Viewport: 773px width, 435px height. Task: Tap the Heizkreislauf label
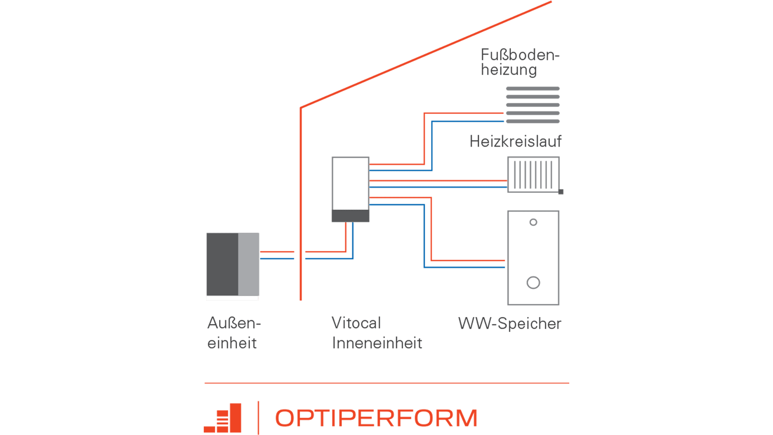tap(515, 141)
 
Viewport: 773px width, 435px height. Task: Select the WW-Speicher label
tap(510, 323)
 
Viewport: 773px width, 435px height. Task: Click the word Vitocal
tap(356, 323)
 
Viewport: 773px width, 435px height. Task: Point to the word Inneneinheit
tap(377, 343)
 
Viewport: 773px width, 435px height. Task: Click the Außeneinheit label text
tap(234, 333)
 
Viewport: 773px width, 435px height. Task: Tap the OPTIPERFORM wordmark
tap(376, 418)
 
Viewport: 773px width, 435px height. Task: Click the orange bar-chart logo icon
tap(224, 419)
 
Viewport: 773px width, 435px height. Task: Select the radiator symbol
tap(533, 174)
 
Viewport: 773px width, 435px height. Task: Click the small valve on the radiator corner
tap(561, 192)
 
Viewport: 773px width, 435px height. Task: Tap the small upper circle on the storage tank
tap(533, 222)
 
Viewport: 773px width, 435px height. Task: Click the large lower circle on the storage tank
tap(533, 283)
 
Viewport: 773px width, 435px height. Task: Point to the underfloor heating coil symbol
tap(533, 105)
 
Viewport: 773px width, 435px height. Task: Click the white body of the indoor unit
tap(350, 183)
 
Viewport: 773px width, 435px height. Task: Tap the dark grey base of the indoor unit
tap(350, 216)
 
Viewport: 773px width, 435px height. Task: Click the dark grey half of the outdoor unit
tap(222, 264)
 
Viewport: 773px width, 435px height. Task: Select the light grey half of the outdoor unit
tap(249, 264)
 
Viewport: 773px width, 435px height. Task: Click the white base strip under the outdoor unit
tap(232, 298)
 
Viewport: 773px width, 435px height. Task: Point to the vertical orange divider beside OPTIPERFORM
tap(258, 418)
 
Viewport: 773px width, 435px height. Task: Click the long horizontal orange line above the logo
tap(386, 383)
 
